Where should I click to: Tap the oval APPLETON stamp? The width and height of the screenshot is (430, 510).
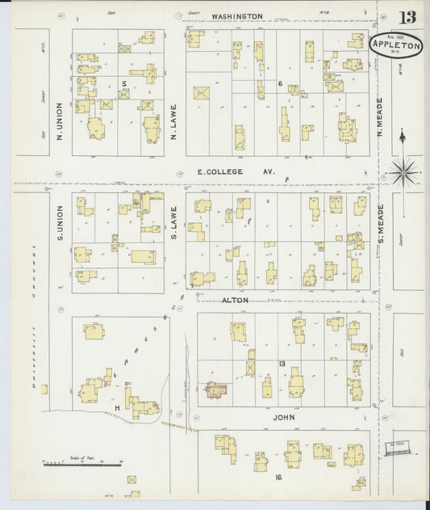pos(395,45)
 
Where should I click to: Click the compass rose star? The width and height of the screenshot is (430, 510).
pos(403,171)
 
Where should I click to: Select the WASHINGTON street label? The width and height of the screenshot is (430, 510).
pos(237,16)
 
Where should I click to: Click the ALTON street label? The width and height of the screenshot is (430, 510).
pos(235,300)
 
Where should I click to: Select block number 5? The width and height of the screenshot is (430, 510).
pos(124,83)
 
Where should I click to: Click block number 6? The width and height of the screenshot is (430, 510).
pos(279,83)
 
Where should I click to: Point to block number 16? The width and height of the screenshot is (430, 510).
pos(278,478)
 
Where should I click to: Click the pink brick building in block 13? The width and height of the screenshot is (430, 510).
pos(216,390)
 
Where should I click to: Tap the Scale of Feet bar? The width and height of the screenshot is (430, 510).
pos(81,464)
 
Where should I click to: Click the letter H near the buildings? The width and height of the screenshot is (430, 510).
pos(117,408)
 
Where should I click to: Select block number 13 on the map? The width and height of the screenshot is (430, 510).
pos(282,365)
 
